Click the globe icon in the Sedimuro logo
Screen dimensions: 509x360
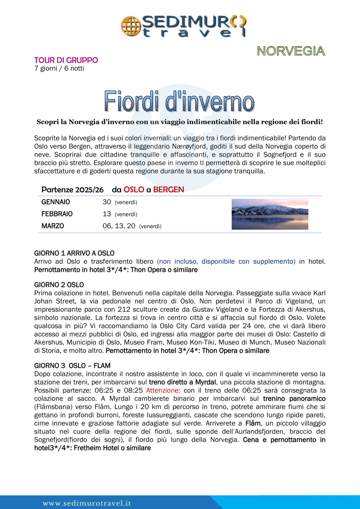[130, 25]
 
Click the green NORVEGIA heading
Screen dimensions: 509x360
[291, 51]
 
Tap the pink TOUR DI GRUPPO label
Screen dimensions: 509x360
[66, 60]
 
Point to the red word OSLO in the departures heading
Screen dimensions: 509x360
[133, 189]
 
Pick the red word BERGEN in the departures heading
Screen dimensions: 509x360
[169, 189]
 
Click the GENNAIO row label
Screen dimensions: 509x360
[55, 202]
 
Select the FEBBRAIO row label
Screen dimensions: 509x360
[57, 214]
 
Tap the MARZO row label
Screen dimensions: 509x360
[53, 226]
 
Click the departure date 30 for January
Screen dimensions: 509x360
[107, 202]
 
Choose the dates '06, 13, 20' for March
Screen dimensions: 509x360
[119, 226]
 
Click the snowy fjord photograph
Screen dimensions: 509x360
[270, 214]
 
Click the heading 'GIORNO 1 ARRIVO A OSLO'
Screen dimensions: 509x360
[74, 253]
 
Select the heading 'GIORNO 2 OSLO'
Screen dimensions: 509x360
[59, 285]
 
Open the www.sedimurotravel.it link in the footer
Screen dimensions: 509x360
[87, 503]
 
